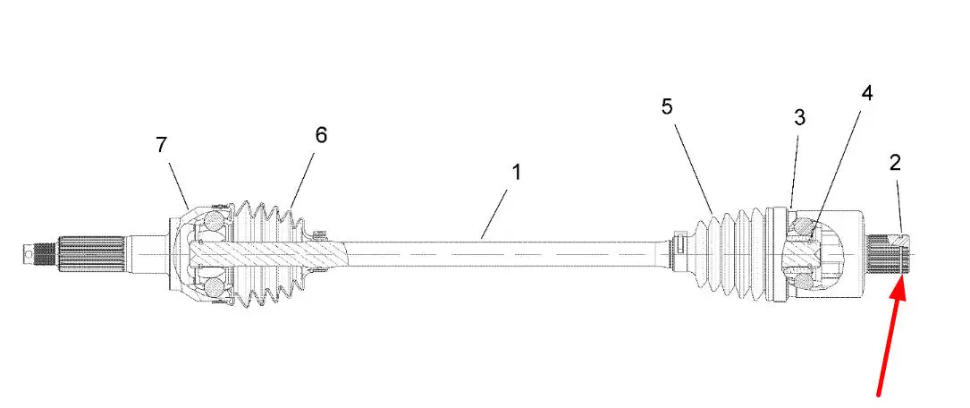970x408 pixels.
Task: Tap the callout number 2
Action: (895, 163)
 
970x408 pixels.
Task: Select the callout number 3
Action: (800, 117)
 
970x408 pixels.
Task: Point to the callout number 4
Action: (866, 94)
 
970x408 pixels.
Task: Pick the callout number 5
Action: (667, 107)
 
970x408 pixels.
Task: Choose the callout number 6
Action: (321, 135)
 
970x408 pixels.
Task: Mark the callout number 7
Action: (161, 144)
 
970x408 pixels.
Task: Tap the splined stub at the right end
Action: (890, 254)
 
